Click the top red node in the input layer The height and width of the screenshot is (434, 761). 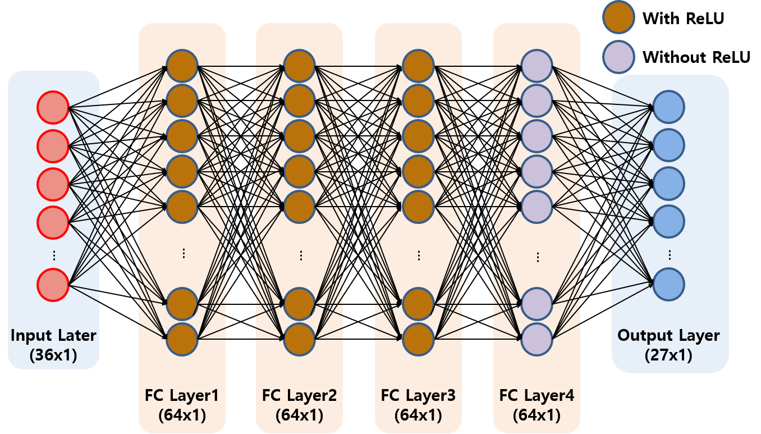tap(53, 107)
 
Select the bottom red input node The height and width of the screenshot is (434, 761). tap(53, 285)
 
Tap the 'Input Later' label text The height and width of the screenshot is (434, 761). tap(54, 336)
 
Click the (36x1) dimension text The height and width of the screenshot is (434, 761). tap(54, 355)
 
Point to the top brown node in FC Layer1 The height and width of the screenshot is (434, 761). tap(182, 66)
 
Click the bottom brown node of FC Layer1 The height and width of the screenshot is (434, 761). tap(182, 339)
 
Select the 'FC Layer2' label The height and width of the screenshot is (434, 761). tap(300, 396)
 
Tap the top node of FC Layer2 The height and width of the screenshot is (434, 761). tap(300, 66)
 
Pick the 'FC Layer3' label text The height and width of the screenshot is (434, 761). tap(419, 396)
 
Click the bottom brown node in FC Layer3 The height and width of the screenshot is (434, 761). tap(419, 339)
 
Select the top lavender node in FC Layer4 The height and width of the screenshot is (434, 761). tap(537, 66)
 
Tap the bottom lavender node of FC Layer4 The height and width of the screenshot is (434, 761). tap(537, 339)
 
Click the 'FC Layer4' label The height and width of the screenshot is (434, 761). tap(537, 396)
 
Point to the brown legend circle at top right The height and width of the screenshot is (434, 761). tap(618, 17)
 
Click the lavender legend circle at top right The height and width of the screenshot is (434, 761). tap(618, 57)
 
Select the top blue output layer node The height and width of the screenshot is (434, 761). tap(669, 107)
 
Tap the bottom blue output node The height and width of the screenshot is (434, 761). tap(669, 284)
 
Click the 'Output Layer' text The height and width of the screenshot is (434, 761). tap(669, 336)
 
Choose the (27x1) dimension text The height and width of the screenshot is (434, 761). tap(669, 355)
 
